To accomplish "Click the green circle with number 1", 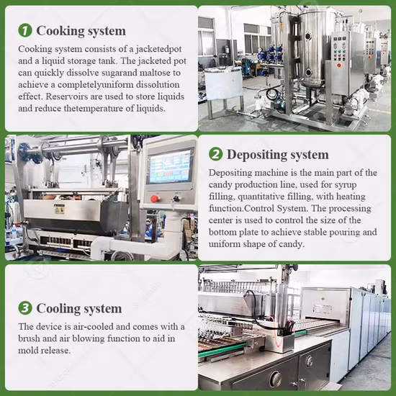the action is [x=25, y=30].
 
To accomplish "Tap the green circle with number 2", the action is [x=215, y=154].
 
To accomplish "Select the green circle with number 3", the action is [x=25, y=308].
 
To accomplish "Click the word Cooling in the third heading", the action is [x=58, y=309].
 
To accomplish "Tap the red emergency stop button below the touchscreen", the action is [x=155, y=199].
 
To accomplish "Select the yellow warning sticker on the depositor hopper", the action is [x=60, y=209].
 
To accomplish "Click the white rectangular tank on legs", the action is [x=223, y=84].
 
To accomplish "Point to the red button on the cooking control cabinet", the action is [x=339, y=66].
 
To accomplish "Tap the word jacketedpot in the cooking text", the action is [x=158, y=49].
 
